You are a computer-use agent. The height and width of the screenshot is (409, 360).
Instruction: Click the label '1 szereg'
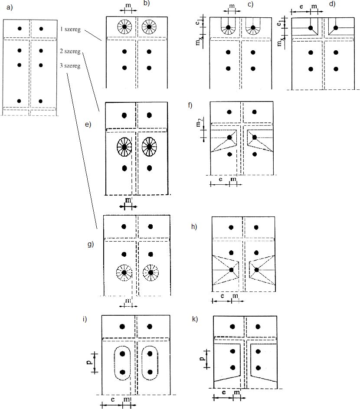pos(70,29)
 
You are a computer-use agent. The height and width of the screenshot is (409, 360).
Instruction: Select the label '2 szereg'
pos(70,51)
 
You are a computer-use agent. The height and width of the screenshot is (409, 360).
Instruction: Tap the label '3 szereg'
pos(70,65)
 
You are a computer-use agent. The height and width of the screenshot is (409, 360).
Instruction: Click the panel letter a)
pos(10,7)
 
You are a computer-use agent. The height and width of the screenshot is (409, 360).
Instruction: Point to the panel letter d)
pos(332,4)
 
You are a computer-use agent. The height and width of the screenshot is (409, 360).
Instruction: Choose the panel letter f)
pos(190,105)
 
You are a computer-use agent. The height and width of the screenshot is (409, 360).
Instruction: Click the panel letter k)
pos(195,319)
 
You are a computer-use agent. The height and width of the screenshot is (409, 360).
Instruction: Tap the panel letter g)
pos(91,245)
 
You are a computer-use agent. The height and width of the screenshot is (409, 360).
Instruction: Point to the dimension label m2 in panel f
pos(199,123)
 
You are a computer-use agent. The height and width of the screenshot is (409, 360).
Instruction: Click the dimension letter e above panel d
pos(301,6)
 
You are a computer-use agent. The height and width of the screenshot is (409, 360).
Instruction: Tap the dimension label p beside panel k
pos(202,358)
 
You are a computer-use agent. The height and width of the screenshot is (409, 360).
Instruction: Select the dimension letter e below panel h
pos(222,296)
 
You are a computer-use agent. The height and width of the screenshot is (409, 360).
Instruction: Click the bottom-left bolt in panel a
pos(19,101)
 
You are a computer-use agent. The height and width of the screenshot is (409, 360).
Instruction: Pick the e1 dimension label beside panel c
pos(199,23)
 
